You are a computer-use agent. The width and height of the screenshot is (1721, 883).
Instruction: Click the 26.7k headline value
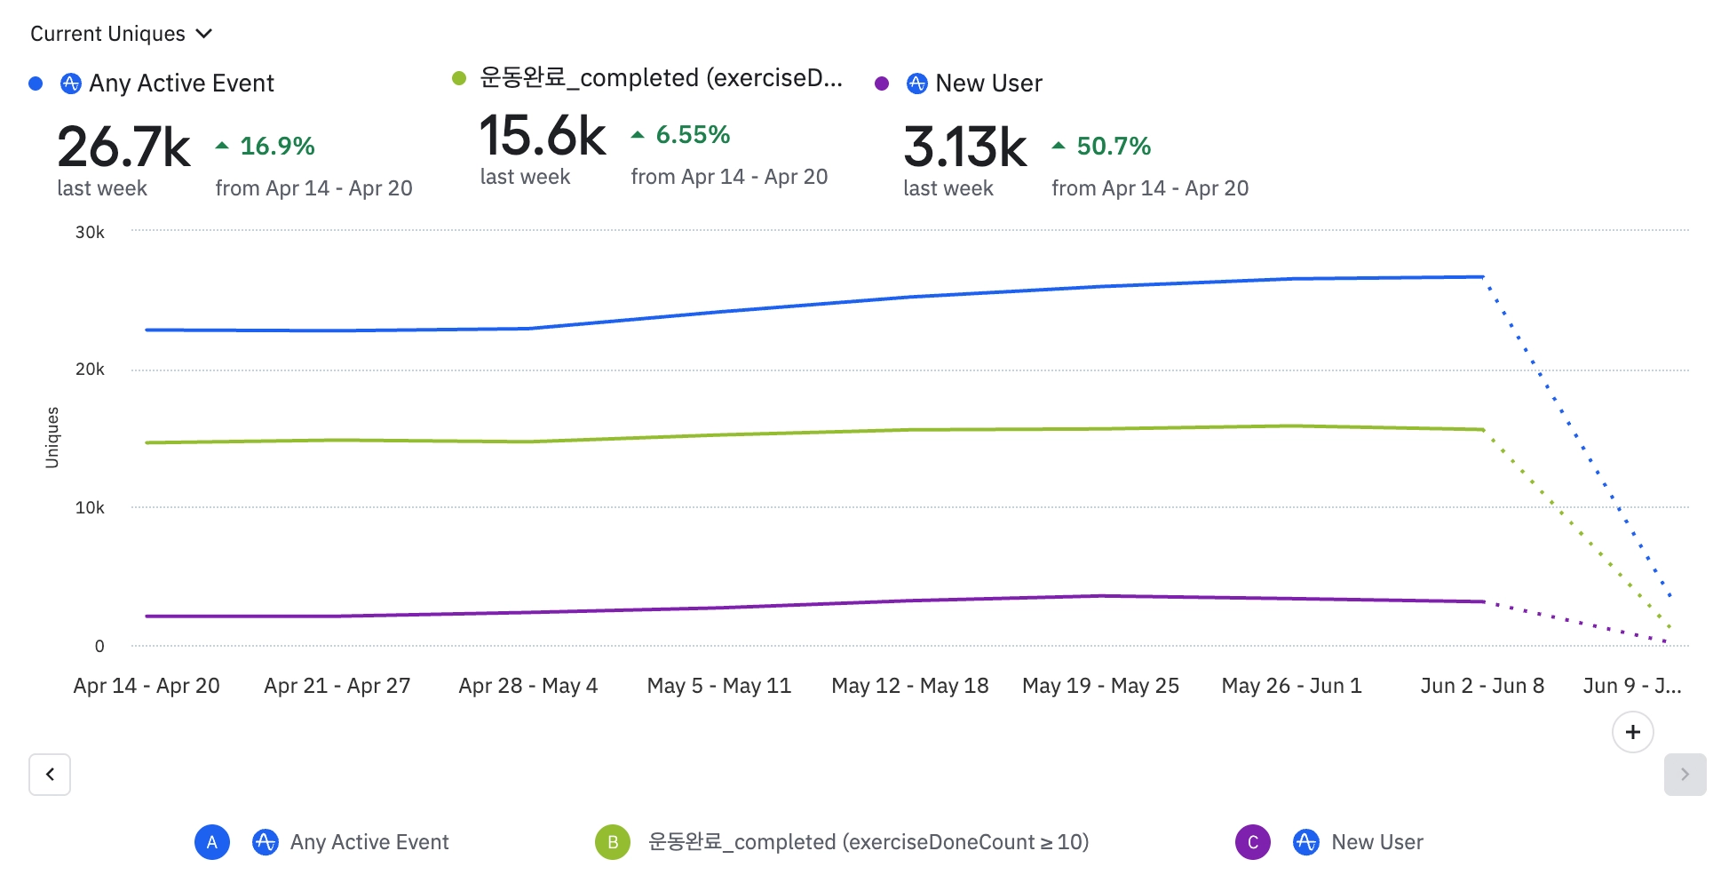coord(123,147)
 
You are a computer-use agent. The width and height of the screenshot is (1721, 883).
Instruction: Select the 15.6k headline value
coord(543,136)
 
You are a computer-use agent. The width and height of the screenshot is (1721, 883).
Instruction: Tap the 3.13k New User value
coord(964,147)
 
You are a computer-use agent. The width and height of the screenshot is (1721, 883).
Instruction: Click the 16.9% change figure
coord(277,146)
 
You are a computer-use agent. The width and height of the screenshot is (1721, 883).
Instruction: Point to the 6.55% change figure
coord(693,135)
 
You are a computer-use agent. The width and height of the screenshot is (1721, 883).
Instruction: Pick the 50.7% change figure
coord(1114,146)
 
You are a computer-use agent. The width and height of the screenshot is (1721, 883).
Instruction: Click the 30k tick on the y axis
coord(90,232)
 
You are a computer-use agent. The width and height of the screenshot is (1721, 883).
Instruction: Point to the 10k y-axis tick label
coord(90,507)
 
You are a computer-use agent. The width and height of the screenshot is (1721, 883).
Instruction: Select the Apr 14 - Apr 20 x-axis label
coord(147,686)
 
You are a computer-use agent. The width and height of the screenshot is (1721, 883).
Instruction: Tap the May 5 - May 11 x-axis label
coord(718,686)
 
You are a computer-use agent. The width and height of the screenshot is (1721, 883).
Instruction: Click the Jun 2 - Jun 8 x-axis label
coord(1482,686)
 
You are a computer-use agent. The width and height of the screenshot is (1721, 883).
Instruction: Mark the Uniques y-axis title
coord(52,437)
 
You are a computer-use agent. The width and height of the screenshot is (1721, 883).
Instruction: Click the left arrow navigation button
coord(50,775)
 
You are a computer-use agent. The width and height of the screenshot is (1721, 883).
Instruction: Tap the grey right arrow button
coord(1685,775)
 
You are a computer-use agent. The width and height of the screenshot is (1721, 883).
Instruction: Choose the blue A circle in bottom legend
coord(212,842)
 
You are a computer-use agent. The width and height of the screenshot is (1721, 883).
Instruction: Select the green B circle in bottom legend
coord(613,842)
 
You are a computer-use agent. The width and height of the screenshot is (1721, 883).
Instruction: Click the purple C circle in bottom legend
coord(1253,842)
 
